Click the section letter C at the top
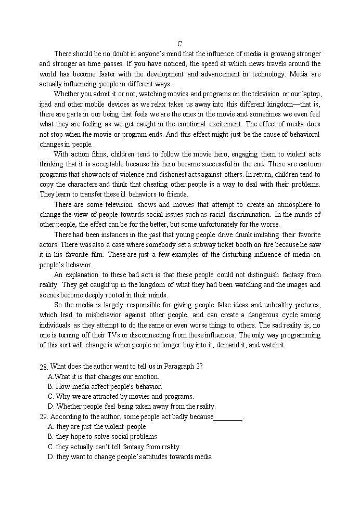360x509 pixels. tap(179, 44)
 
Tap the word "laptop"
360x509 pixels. tap(310, 94)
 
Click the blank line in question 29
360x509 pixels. tap(228, 417)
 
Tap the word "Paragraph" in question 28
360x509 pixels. tap(179, 366)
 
